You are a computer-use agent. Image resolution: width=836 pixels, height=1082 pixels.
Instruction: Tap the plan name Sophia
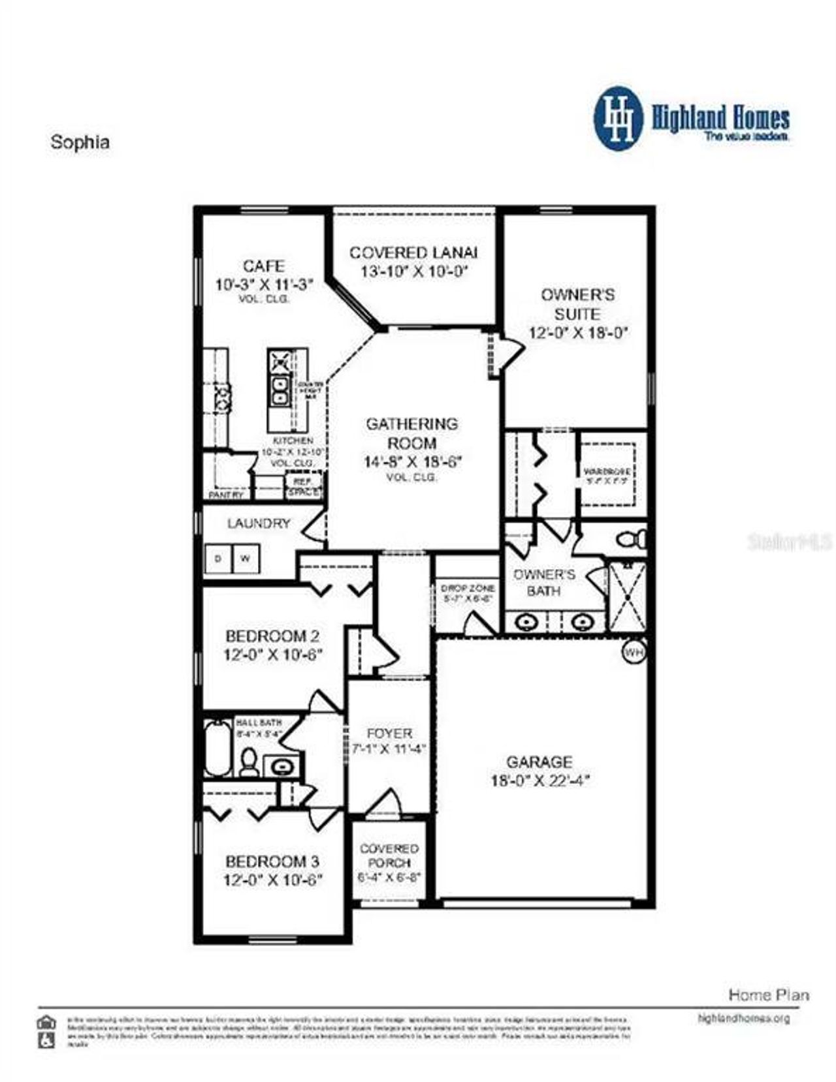click(x=80, y=143)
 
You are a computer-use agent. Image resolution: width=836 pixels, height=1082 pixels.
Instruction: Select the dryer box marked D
click(x=218, y=559)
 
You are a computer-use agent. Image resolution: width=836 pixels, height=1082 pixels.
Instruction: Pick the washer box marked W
click(x=246, y=559)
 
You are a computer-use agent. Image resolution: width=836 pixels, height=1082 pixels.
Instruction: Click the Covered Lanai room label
click(x=413, y=253)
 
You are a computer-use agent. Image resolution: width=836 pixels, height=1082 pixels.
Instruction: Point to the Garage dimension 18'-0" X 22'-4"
click(x=540, y=781)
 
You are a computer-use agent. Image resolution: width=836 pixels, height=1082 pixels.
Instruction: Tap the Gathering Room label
click(x=411, y=433)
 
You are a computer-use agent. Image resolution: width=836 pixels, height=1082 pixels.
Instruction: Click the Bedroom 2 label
click(x=272, y=636)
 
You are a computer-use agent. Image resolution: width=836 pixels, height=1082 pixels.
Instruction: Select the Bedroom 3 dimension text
click(x=273, y=880)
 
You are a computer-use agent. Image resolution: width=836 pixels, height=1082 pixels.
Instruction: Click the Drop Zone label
click(x=468, y=588)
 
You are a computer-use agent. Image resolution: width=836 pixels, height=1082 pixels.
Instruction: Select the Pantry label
click(x=226, y=495)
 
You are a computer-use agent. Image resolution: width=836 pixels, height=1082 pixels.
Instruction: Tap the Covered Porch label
click(x=389, y=856)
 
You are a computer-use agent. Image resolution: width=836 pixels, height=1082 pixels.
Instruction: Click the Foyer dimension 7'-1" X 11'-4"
click(x=389, y=749)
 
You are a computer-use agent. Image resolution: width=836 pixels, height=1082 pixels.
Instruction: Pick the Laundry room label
click(x=259, y=523)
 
